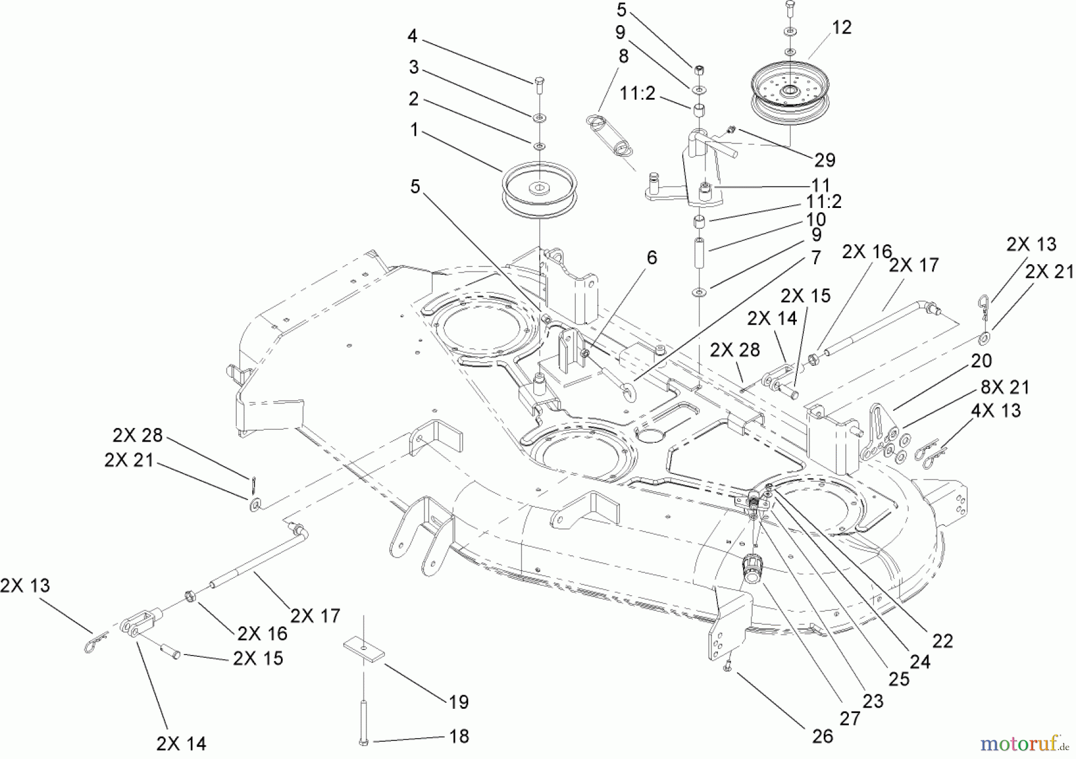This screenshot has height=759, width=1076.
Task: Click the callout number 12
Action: coord(842,28)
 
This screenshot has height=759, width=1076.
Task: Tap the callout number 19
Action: coord(458,702)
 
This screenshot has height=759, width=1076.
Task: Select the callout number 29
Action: coord(824,160)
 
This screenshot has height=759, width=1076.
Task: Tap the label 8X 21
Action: coord(1005,387)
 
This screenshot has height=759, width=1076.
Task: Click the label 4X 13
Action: coord(995,411)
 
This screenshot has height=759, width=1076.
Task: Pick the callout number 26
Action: coord(823,736)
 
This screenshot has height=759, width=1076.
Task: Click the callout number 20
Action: coord(981,360)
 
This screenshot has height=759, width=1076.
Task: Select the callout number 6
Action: coord(652,258)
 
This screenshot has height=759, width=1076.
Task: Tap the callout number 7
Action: coord(816,258)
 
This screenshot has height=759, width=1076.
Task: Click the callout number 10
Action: coord(815,219)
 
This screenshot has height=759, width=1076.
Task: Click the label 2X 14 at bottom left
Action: coord(181,743)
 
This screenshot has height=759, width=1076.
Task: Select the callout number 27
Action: coord(849,719)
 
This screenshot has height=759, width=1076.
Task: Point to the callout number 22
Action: coord(942,641)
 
